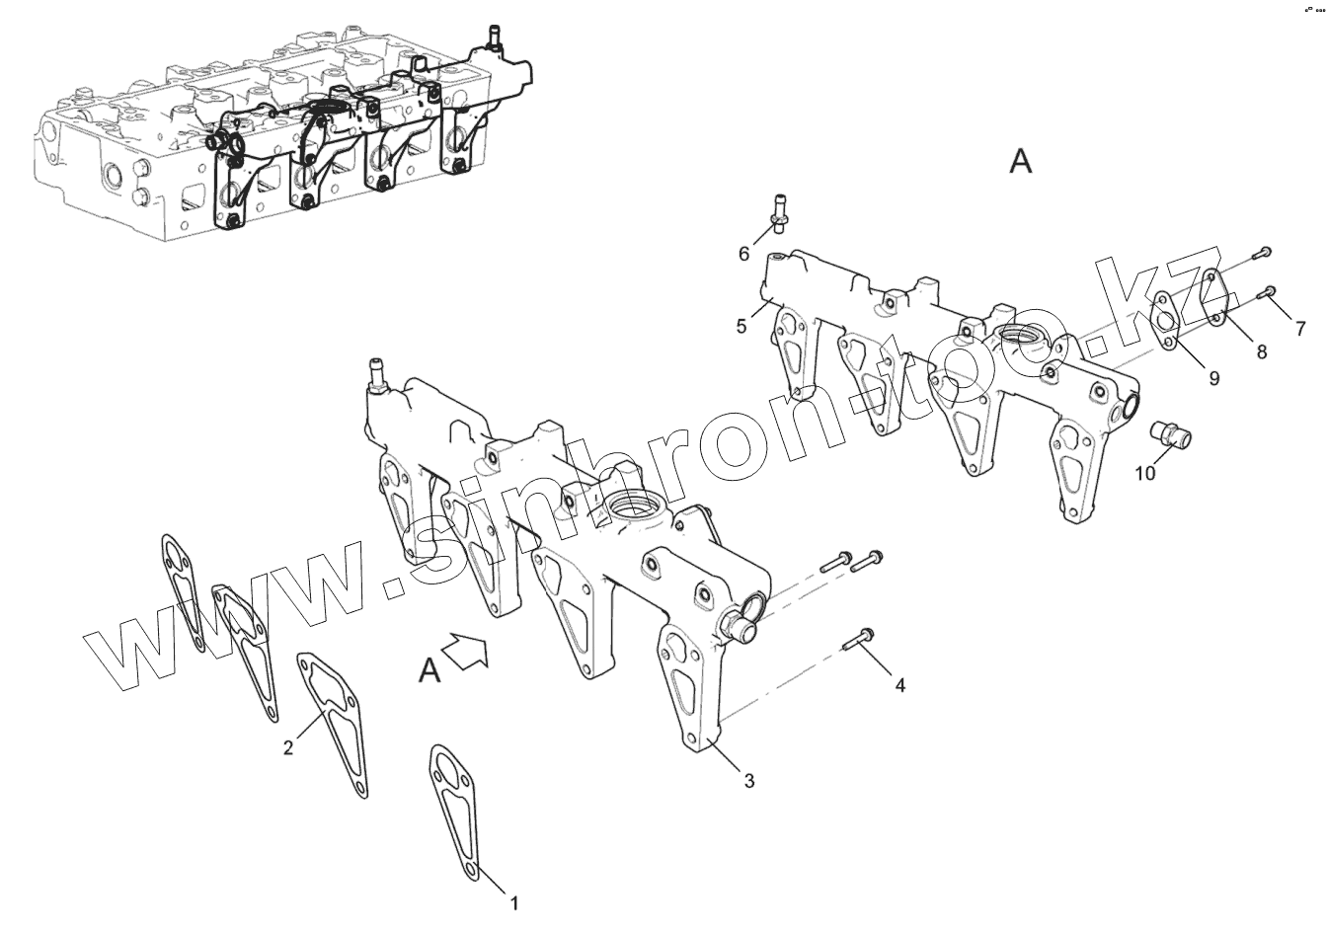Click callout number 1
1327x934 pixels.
(513, 901)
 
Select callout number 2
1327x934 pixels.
(288, 747)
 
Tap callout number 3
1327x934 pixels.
(749, 781)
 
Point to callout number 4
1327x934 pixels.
(899, 683)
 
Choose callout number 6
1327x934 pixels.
(744, 254)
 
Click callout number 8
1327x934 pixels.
(1261, 351)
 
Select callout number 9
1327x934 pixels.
(1213, 377)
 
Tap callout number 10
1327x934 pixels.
(1144, 473)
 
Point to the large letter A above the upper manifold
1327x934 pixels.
(1021, 161)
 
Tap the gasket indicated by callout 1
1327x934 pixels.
(454, 806)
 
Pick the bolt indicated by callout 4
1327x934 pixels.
(860, 640)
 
